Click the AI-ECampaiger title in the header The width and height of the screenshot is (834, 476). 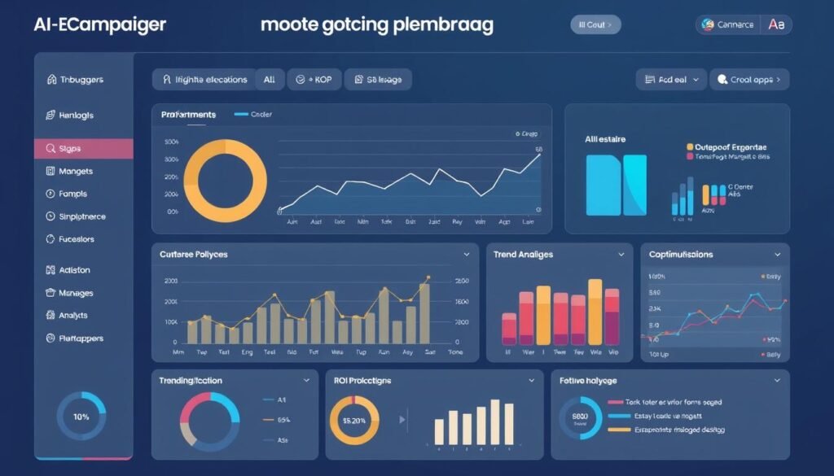point(99,24)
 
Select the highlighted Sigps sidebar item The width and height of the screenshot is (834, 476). point(83,149)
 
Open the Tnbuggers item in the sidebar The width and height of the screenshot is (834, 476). point(81,80)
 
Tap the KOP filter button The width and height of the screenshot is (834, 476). point(314,80)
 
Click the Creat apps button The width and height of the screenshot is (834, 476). point(749,80)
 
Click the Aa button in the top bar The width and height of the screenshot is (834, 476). point(776,24)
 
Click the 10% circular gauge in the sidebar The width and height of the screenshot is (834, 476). point(81,417)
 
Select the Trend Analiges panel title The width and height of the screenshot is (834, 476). point(523,255)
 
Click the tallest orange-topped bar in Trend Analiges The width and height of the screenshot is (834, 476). point(595,312)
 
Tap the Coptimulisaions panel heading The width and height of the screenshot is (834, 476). point(681,255)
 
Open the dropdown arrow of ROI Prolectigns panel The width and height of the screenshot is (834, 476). point(532,380)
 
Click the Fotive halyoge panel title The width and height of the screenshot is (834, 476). point(588,381)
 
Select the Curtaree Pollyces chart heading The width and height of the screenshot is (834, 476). point(194,255)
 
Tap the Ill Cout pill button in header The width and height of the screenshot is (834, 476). point(595,24)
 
